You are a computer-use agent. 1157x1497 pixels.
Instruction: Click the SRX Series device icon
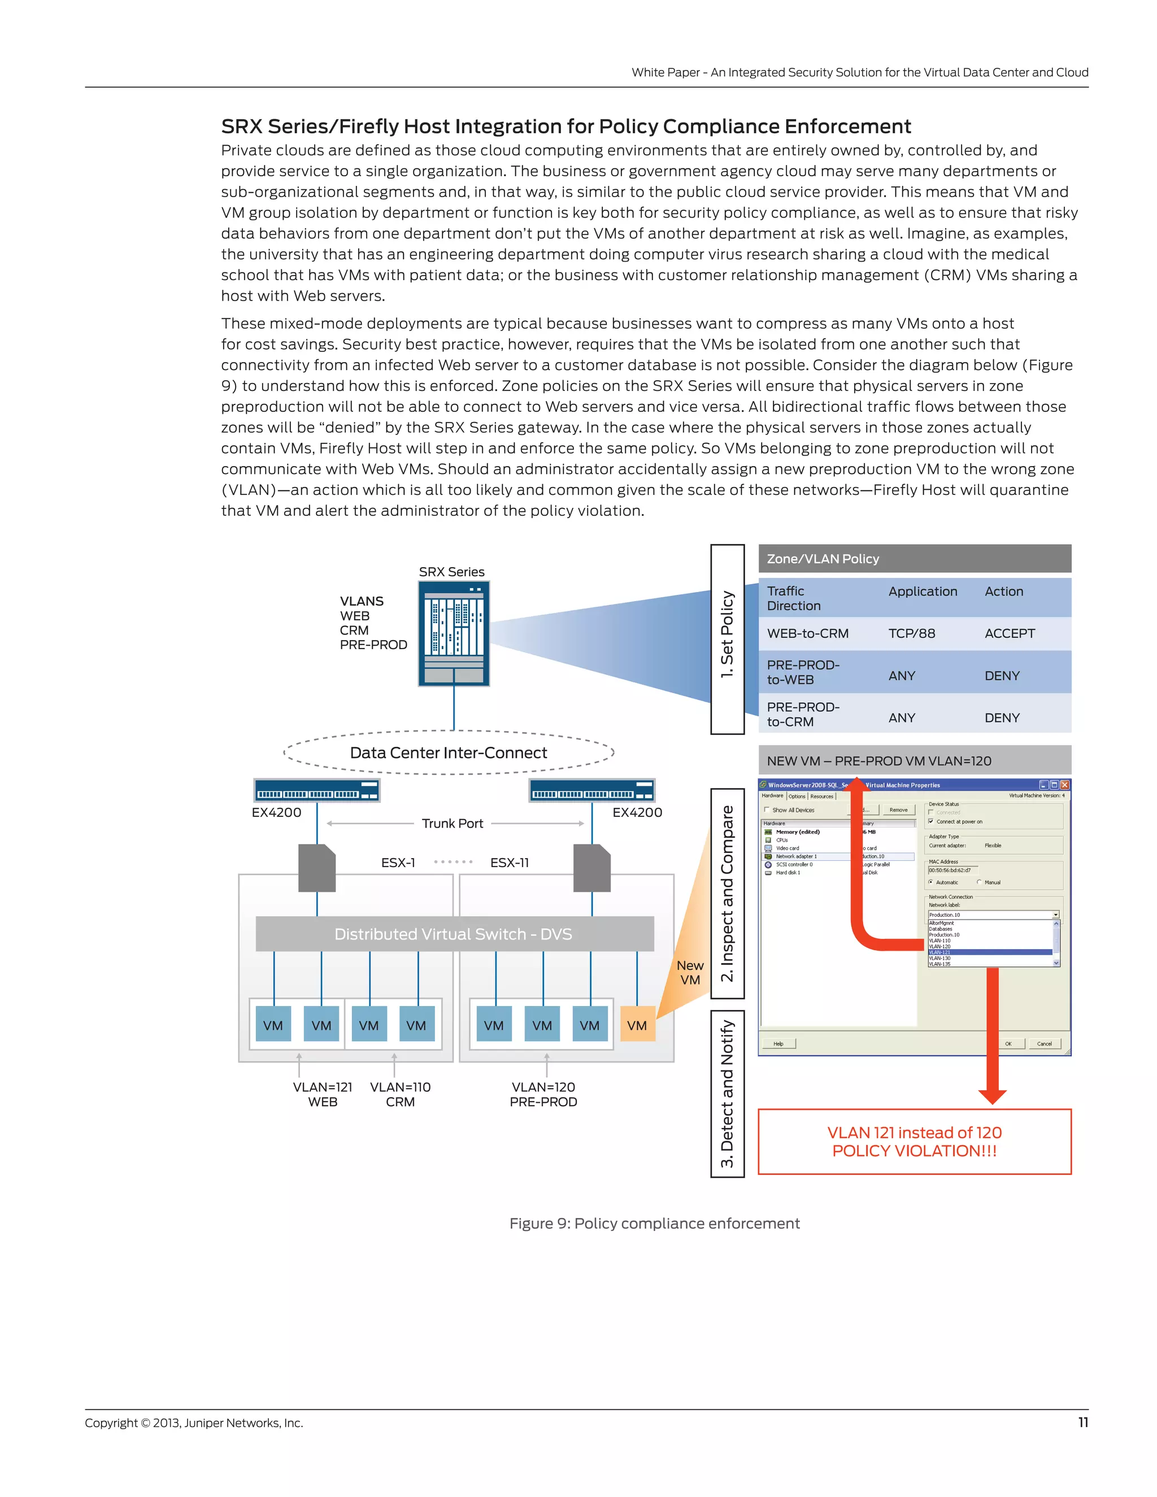point(454,633)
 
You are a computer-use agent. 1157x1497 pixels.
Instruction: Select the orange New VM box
point(637,1025)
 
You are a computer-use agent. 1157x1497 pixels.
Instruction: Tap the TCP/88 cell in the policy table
point(912,633)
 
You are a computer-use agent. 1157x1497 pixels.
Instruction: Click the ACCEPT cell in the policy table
point(1010,633)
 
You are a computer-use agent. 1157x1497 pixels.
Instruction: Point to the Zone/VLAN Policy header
point(915,559)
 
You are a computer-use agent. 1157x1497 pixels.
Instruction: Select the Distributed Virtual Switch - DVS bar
point(454,934)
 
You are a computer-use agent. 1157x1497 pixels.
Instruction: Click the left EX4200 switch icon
point(317,790)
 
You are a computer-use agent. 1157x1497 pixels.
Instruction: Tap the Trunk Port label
point(453,823)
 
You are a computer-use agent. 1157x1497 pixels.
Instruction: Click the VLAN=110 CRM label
point(401,1095)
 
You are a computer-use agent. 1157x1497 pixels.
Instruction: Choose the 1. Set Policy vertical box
point(727,639)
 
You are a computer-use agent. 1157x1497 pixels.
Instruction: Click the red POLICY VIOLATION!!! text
point(915,1151)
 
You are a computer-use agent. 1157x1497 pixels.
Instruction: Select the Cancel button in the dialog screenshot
point(1044,1044)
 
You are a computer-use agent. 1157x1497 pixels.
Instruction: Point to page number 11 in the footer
point(1083,1422)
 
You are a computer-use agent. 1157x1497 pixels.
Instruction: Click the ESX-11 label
point(509,862)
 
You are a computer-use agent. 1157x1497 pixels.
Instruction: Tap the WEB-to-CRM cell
point(807,633)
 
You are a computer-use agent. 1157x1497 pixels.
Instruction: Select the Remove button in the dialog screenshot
point(898,810)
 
